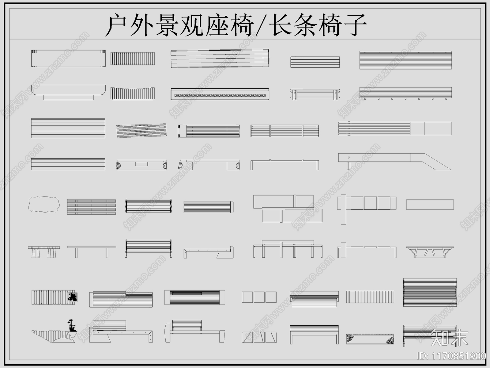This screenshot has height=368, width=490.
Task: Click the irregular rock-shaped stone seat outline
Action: pyautogui.click(x=44, y=204)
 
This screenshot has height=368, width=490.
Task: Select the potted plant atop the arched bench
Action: pyautogui.click(x=72, y=325)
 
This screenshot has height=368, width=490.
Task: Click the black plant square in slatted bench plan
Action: pyautogui.click(x=73, y=297)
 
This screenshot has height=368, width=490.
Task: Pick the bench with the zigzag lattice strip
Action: pyautogui.click(x=220, y=94)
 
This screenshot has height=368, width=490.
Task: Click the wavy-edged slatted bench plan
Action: pyautogui.click(x=132, y=93)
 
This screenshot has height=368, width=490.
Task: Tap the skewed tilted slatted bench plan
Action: pyautogui.click(x=141, y=131)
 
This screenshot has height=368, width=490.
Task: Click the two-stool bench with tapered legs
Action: pyautogui.click(x=44, y=251)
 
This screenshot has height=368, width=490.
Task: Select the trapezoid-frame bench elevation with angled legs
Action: pyautogui.click(x=430, y=251)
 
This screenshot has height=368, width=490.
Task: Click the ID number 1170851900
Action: pyautogui.click(x=452, y=356)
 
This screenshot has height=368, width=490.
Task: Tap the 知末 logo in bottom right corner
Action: pyautogui.click(x=449, y=337)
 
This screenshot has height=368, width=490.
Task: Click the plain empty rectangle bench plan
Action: pyautogui.click(x=430, y=205)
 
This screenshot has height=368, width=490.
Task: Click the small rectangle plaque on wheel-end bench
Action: pyautogui.click(x=141, y=164)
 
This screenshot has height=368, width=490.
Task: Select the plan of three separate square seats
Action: pyautogui.click(x=259, y=297)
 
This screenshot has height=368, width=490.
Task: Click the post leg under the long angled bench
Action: pyautogui.click(x=349, y=166)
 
